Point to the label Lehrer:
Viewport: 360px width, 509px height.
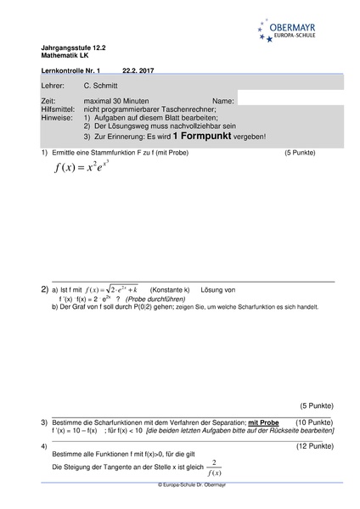click(52, 87)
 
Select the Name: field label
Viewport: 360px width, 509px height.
click(222, 101)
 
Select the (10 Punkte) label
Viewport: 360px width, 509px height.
click(314, 422)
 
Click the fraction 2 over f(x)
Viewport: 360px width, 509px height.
click(216, 467)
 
